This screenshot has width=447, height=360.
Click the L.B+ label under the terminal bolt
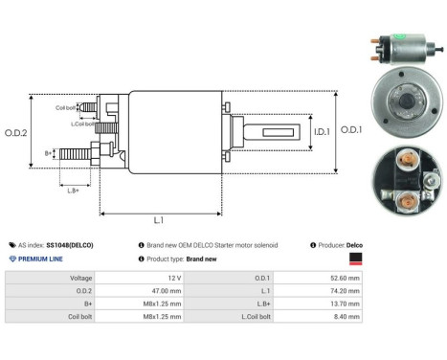click(x=73, y=191)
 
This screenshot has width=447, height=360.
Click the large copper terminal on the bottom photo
click(x=406, y=201)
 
